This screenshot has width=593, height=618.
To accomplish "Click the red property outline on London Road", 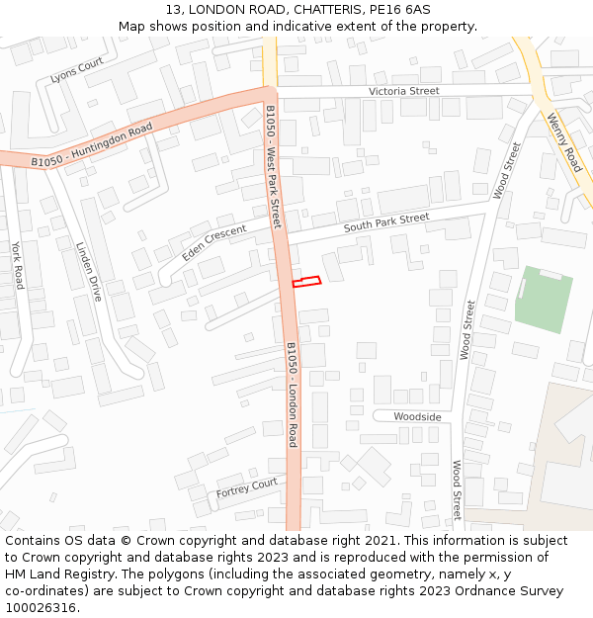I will click(306, 283).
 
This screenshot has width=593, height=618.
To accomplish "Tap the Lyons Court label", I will click(77, 70).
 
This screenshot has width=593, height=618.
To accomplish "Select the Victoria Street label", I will click(403, 91).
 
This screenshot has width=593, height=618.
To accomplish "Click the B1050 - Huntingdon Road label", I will click(92, 144).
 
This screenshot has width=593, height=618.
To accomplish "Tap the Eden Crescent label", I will click(213, 243).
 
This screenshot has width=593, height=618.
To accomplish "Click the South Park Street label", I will click(386, 222).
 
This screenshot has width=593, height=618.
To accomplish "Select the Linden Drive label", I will click(90, 272).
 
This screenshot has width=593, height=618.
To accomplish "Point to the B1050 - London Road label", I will click(292, 395).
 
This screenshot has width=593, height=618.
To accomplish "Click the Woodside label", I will click(417, 416).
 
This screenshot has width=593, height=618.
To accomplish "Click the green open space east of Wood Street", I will click(544, 298).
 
